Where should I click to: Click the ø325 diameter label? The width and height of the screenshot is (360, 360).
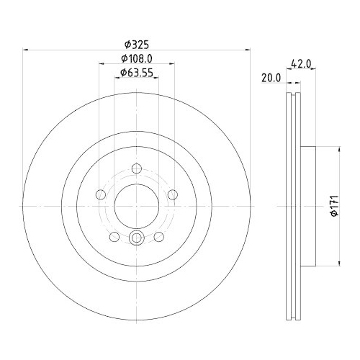[136, 42]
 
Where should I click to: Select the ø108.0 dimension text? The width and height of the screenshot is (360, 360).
[136, 58]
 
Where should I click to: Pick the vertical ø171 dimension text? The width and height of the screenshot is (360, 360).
[332, 204]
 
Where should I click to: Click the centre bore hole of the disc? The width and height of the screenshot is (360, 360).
[136, 204]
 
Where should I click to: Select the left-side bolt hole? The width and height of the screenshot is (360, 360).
[101, 193]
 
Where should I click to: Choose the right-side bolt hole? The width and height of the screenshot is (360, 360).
[171, 193]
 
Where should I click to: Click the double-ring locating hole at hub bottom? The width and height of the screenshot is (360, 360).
[136, 237]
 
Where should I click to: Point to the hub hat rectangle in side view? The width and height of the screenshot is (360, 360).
[307, 204]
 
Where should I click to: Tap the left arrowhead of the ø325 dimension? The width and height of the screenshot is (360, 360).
[27, 50]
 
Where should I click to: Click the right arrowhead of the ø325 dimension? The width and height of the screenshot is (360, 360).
[246, 50]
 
